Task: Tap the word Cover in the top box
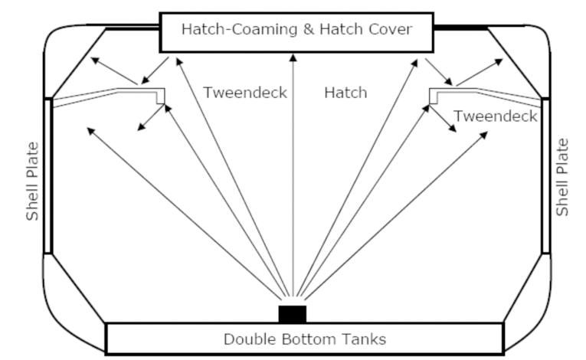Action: click(x=391, y=30)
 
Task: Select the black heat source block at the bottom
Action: click(x=292, y=314)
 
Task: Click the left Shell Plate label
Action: click(x=32, y=180)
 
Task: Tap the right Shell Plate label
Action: click(x=563, y=177)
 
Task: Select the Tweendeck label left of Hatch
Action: click(x=245, y=93)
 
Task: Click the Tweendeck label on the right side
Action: click(x=495, y=116)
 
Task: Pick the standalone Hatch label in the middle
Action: click(x=345, y=93)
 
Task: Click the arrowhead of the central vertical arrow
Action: click(x=292, y=55)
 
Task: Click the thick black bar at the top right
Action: click(x=460, y=28)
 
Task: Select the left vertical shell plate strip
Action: click(x=49, y=176)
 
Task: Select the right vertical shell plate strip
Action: click(x=545, y=176)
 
